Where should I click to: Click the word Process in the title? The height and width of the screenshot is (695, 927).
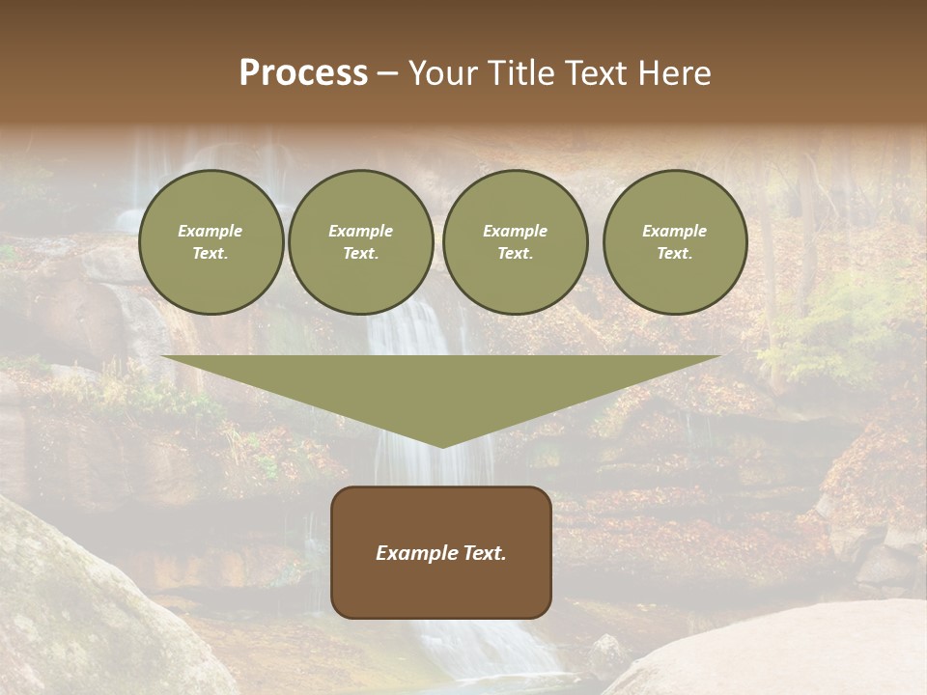click(303, 73)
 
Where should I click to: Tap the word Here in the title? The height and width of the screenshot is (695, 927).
click(673, 73)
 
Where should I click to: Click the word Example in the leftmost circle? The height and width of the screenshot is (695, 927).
click(211, 231)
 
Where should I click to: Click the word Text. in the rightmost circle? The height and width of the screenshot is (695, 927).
click(674, 253)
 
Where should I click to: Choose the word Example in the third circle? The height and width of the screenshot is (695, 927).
click(515, 231)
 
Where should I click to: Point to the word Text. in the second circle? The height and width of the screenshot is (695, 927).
click(360, 253)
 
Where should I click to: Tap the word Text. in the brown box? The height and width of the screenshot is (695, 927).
click(485, 553)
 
